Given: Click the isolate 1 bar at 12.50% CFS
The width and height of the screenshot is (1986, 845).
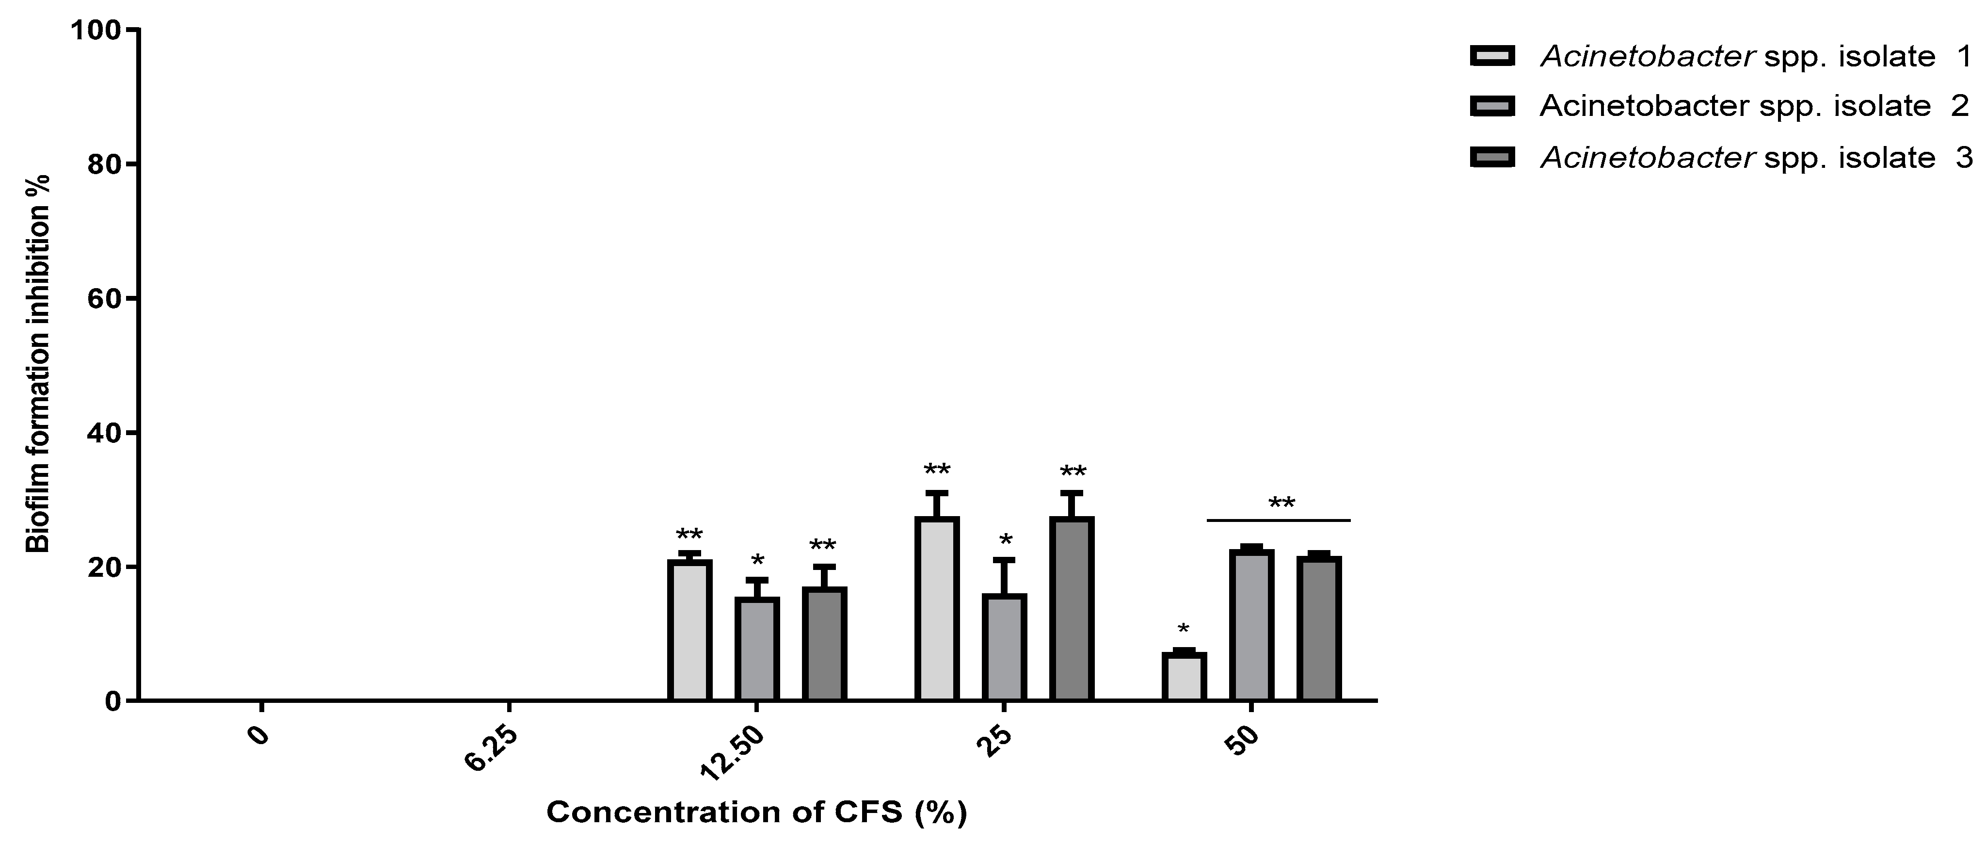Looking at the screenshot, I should (x=689, y=630).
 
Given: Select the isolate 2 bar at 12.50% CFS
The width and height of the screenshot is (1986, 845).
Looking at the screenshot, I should (x=756, y=649).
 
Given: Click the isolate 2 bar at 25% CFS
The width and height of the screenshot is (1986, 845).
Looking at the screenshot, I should (x=1004, y=647).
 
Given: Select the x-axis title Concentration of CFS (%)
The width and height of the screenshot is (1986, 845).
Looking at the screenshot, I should (x=756, y=812).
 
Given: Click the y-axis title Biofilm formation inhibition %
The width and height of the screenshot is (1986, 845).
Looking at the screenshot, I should (x=39, y=362).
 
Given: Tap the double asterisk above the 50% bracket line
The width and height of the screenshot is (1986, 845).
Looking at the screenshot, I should (x=1281, y=504).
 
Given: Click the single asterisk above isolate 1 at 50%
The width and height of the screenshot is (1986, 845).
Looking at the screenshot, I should (x=1184, y=628).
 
